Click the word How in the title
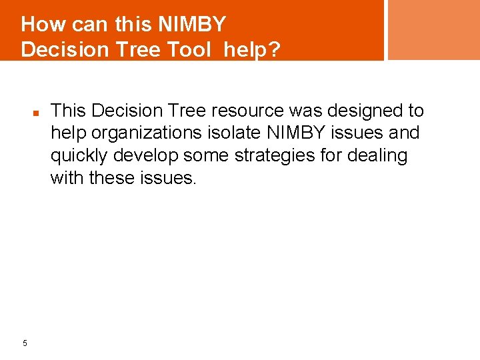(43, 25)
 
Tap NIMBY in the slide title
(191, 25)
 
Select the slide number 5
(25, 343)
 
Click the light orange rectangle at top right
(433, 29)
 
